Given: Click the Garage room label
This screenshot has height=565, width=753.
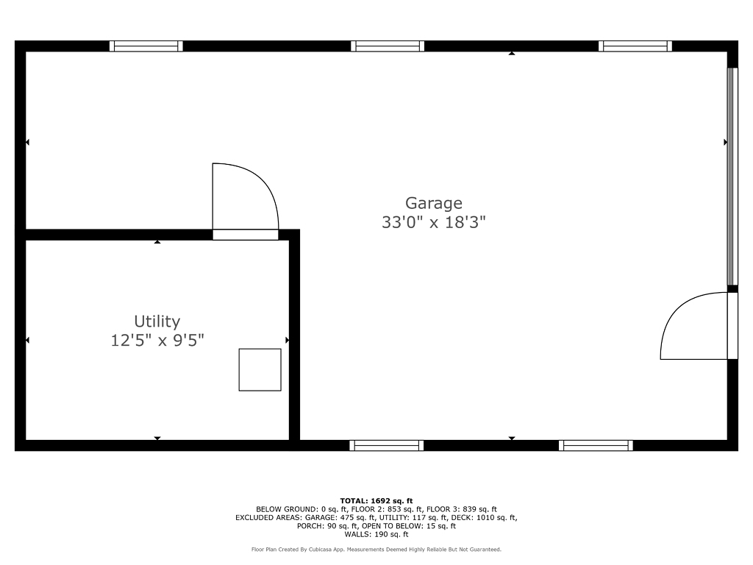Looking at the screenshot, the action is tap(434, 203).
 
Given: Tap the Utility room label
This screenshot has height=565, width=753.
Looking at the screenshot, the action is tap(157, 321).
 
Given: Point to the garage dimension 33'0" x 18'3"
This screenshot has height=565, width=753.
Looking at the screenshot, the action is tap(434, 222).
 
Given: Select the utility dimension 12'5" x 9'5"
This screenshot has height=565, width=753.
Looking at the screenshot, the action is tap(157, 340).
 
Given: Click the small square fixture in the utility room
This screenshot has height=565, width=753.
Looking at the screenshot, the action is tap(260, 370).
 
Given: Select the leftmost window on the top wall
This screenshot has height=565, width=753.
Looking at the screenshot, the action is tap(146, 46).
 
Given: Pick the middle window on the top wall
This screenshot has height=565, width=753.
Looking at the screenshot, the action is tap(388, 46).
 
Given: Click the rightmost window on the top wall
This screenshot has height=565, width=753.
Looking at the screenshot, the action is tap(635, 46).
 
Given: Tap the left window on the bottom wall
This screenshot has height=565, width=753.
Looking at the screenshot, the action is tap(387, 445).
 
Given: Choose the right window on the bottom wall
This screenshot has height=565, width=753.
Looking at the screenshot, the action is tap(596, 445).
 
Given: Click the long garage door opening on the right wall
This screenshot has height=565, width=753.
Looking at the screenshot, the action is tap(732, 177).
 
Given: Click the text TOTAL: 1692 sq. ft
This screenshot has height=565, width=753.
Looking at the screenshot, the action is tap(376, 500).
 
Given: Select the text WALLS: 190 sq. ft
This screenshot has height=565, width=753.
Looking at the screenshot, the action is tap(376, 534).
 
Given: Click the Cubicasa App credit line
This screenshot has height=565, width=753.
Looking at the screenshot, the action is tap(376, 549).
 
